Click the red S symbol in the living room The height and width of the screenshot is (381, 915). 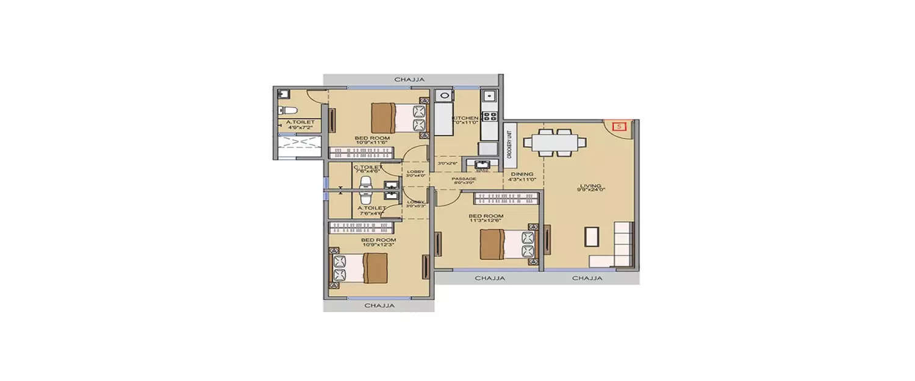619,127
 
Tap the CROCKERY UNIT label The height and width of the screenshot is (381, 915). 510,141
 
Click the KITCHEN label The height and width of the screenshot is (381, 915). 465,118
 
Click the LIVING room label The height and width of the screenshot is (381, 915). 591,186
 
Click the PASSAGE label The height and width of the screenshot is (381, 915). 464,179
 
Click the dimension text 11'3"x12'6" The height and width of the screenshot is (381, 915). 486,221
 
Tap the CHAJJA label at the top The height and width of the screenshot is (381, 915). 409,79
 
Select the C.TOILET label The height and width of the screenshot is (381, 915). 368,167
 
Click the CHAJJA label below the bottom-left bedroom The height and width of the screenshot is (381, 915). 379,305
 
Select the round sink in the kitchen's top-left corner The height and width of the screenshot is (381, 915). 443,96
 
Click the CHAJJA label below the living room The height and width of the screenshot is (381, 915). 587,278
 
